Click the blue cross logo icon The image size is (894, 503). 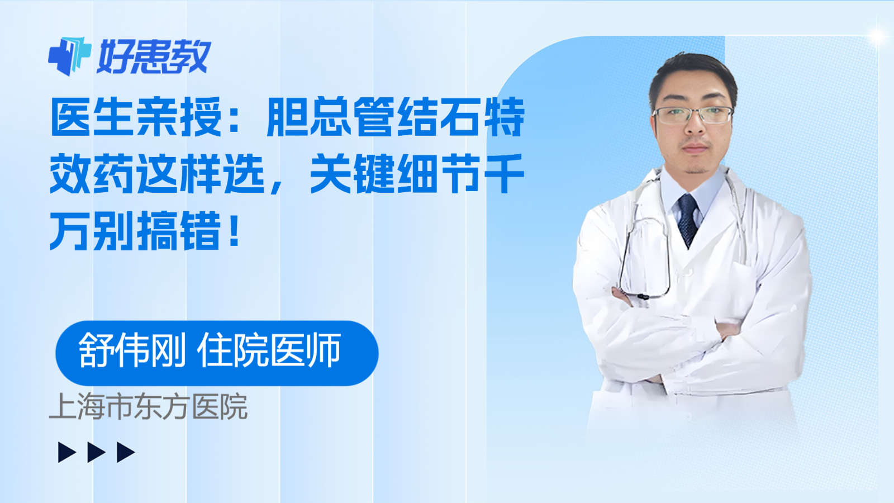pos(69,56)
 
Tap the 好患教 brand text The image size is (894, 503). pos(154,56)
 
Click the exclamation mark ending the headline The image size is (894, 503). pos(235,230)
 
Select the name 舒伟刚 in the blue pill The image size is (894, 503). pos(132,351)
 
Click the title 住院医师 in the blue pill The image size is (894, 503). pos(269,351)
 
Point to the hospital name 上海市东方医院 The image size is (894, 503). pos(149,407)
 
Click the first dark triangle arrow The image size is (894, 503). pos(66,452)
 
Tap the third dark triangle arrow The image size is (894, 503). pos(126,452)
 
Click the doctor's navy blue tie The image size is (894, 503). pos(687,218)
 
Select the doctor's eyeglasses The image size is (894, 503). pos(693,115)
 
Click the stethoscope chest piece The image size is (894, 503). pos(643,296)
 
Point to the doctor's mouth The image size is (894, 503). pos(695,148)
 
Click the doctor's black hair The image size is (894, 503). pos(693,70)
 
